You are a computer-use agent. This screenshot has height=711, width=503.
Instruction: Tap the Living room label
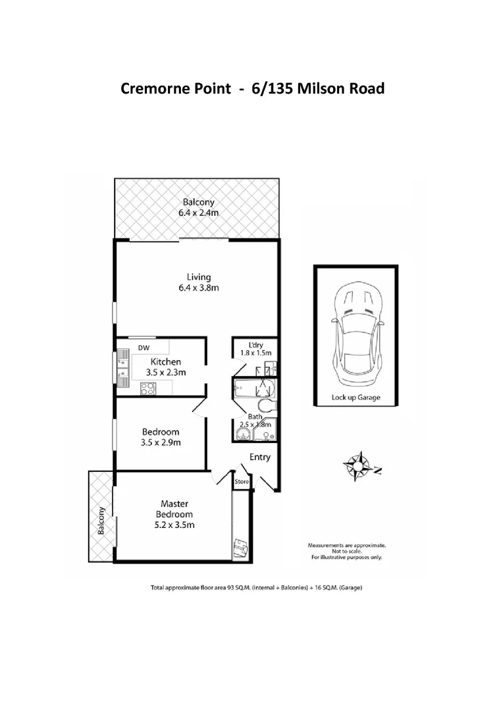point(198,276)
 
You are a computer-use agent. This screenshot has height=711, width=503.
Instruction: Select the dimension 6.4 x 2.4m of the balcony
point(198,213)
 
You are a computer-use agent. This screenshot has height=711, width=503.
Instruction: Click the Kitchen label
point(166,361)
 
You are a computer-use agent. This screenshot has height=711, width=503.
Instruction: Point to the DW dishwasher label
point(144,348)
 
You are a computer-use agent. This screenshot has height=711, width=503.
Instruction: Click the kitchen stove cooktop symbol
point(146,389)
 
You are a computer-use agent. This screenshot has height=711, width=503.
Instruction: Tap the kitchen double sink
point(122,365)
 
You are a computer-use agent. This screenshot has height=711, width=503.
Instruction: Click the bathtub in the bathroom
point(246,389)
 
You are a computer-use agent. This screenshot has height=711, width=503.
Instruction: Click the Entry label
point(259,458)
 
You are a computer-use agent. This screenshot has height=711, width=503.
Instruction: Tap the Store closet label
point(242,483)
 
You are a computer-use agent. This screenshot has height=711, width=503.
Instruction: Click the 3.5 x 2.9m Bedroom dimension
point(161,442)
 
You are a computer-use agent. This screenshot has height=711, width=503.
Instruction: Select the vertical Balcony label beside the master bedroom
point(101,521)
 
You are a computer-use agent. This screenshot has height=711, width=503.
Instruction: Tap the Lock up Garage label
point(356,398)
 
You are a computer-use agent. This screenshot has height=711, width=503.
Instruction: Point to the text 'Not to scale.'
point(348,552)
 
